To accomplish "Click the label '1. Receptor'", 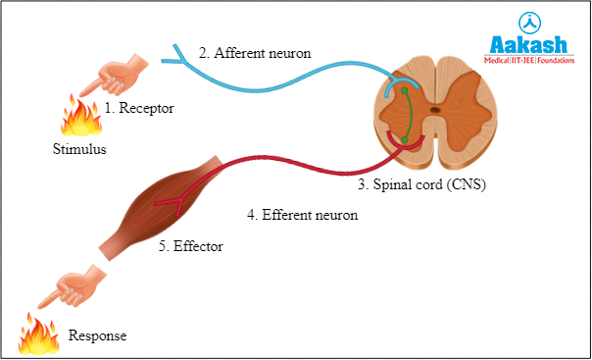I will coord(139,109).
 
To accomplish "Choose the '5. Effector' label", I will coord(191,247).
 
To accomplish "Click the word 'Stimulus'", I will coord(79,151).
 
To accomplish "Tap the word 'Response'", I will coord(97,336).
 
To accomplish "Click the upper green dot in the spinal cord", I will coord(402,93).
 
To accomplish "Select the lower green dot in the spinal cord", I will coord(405,140).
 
